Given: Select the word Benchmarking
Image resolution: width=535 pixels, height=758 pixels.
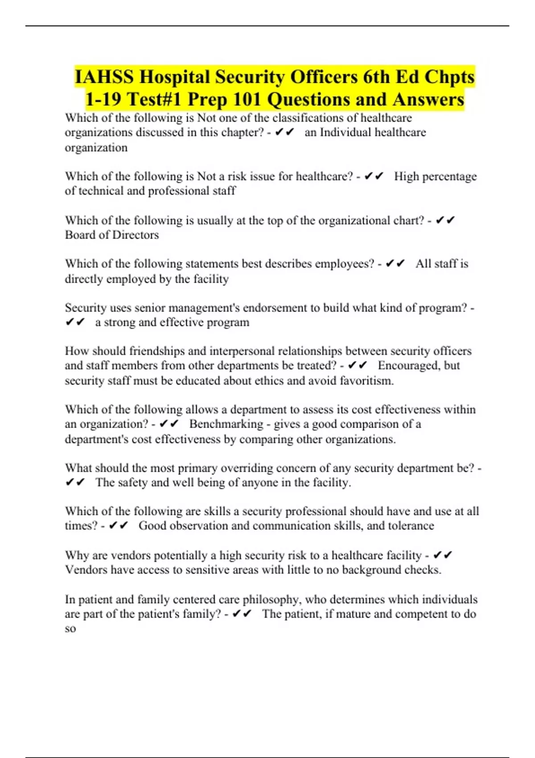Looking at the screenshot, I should [226, 424].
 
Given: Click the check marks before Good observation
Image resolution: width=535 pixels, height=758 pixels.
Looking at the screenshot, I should [118, 526].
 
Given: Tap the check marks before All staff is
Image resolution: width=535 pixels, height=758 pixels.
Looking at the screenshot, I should [395, 264].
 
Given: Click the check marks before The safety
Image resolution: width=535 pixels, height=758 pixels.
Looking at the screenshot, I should [75, 482].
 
